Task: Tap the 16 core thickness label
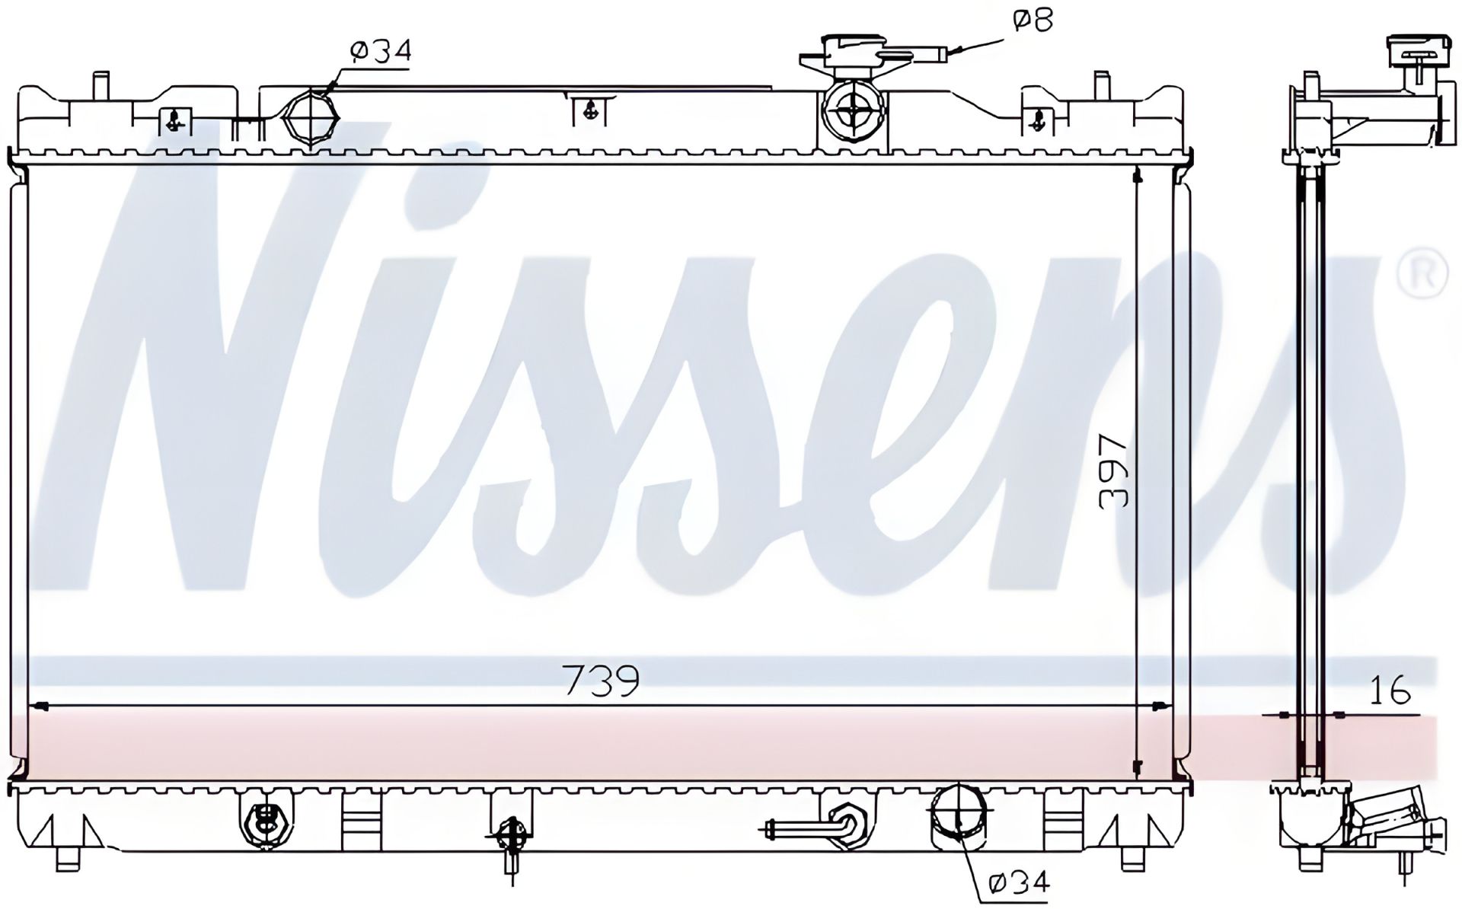tap(1390, 690)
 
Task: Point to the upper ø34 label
tap(381, 51)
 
